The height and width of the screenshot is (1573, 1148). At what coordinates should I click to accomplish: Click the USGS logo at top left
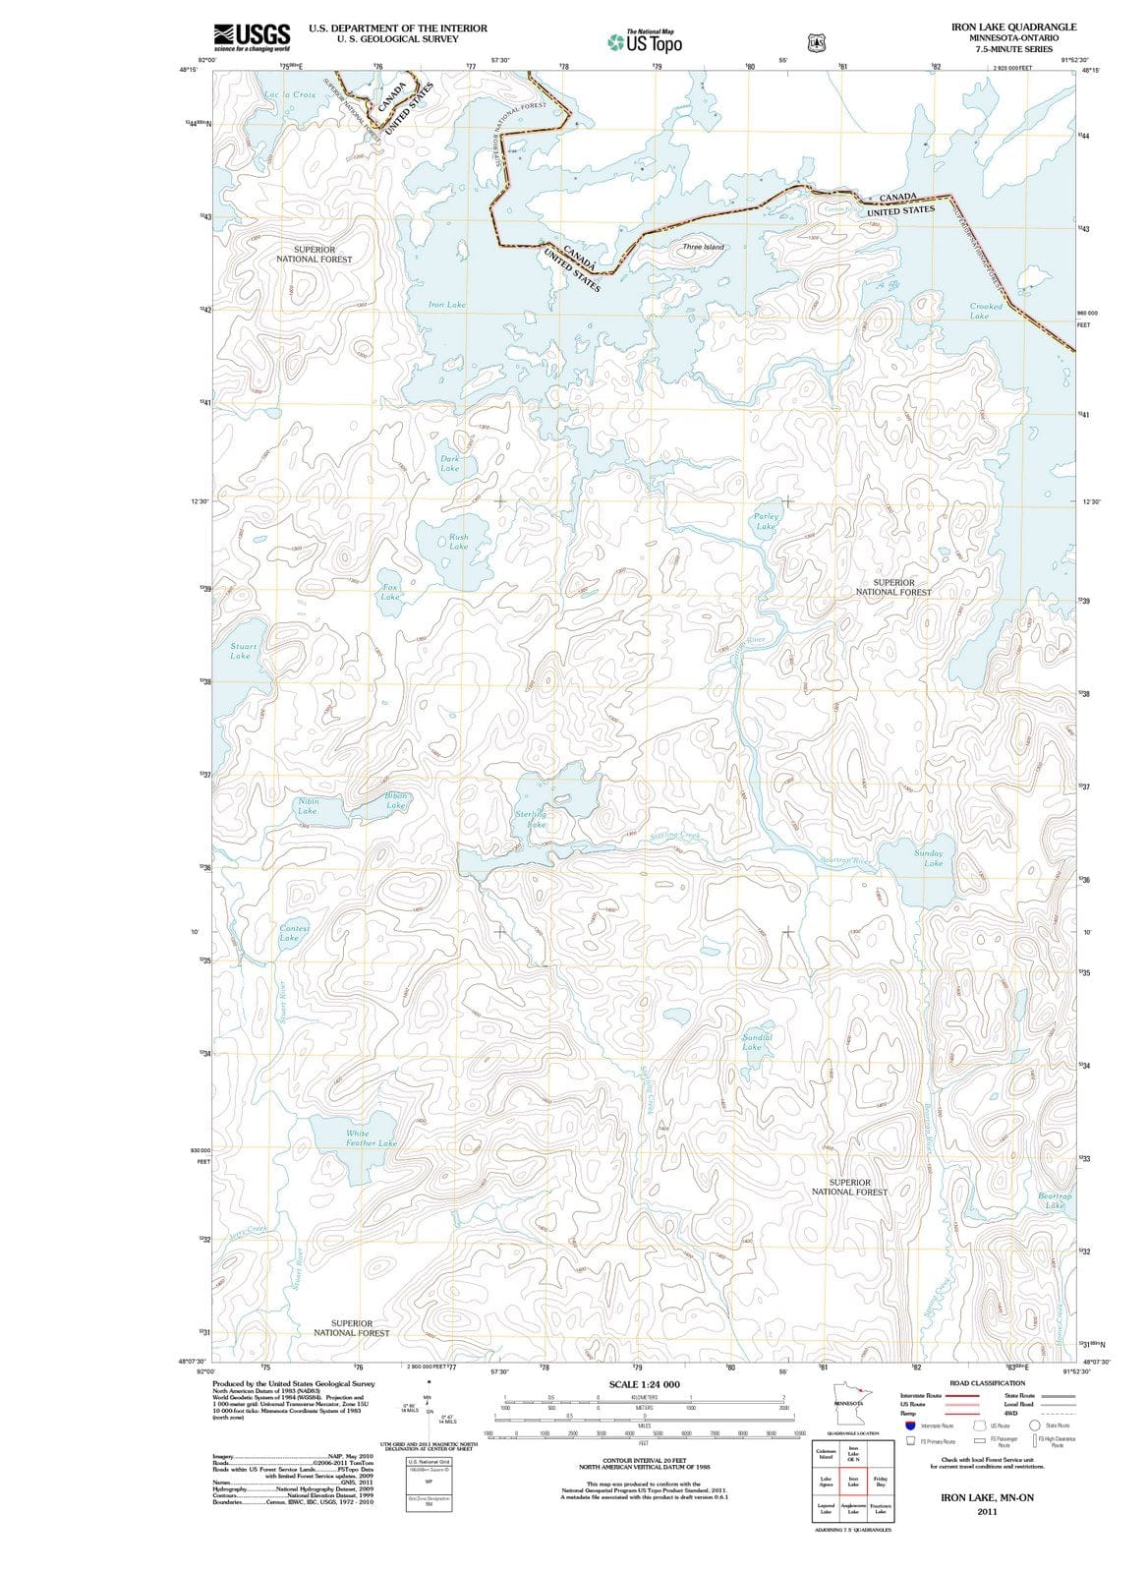(x=252, y=35)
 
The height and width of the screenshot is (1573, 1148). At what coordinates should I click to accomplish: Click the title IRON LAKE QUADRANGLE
(x=1013, y=27)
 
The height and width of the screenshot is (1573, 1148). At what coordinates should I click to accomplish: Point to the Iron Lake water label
(x=447, y=305)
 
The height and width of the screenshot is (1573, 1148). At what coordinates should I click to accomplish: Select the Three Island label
(x=703, y=247)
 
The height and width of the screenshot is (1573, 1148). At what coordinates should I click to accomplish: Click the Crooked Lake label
(x=985, y=312)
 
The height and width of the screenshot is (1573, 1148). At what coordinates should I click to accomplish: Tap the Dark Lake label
(x=449, y=463)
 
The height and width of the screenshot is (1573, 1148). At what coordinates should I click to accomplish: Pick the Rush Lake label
(x=458, y=542)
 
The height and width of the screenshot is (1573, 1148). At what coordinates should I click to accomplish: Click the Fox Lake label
(x=390, y=592)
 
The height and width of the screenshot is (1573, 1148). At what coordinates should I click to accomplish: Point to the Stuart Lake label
(x=242, y=651)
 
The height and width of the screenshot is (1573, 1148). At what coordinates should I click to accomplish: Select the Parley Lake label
(x=766, y=521)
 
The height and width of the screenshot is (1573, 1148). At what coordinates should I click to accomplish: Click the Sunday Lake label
(x=929, y=858)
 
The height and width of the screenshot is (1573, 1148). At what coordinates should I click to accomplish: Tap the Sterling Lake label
(x=532, y=820)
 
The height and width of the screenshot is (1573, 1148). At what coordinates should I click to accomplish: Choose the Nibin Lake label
(x=308, y=806)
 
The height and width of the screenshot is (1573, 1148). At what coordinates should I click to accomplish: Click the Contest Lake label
(x=293, y=933)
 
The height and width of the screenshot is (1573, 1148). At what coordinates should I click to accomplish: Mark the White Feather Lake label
(x=371, y=1138)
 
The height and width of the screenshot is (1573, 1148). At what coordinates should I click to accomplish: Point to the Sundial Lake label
(x=755, y=1042)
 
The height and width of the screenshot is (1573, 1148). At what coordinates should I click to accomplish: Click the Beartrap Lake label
(x=1055, y=1200)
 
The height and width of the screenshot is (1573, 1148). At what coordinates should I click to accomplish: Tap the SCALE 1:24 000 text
(x=644, y=1384)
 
